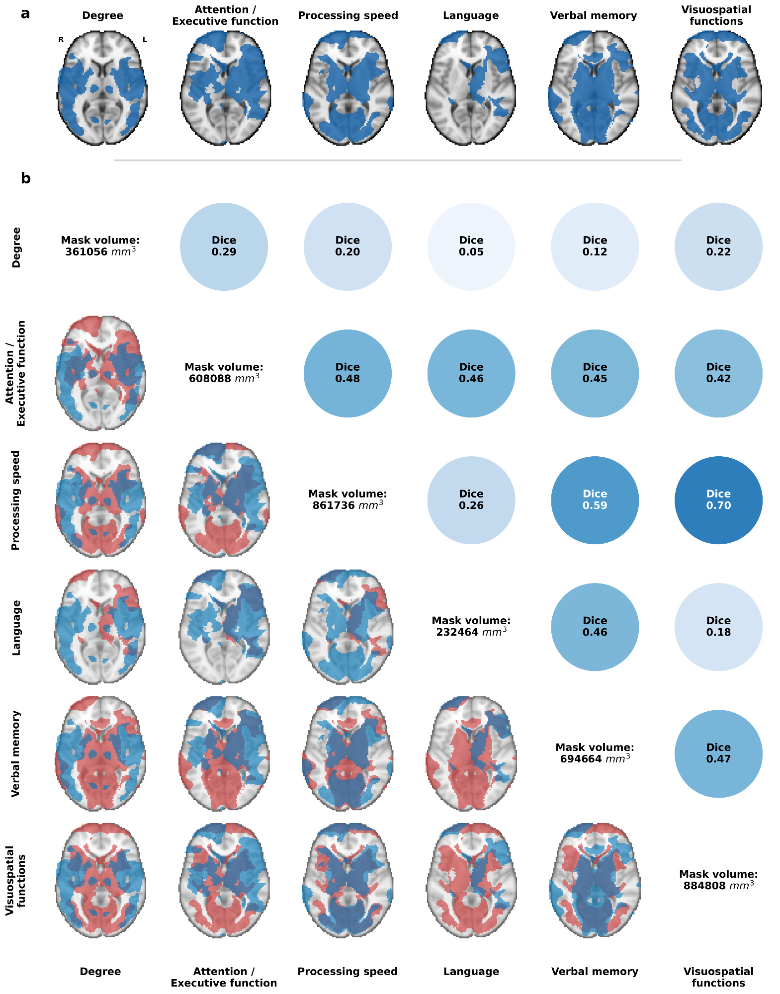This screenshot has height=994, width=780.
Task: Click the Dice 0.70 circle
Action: click(x=718, y=500)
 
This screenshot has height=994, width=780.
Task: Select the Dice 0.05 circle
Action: click(x=471, y=247)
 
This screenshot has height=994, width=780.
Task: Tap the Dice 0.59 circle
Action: click(x=595, y=500)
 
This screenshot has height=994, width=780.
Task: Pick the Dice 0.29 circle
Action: click(x=224, y=247)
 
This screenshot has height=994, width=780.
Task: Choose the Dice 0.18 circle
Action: click(x=718, y=627)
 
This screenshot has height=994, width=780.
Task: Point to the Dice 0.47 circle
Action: click(x=718, y=753)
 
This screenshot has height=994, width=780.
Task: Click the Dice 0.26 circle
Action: click(x=471, y=500)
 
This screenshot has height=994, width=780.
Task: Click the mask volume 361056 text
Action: click(x=100, y=246)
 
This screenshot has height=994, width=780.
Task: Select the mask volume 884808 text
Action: click(x=718, y=880)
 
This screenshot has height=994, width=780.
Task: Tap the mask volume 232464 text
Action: click(x=471, y=626)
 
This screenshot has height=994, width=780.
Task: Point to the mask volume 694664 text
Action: click(x=595, y=753)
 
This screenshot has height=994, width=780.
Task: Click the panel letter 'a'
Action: click(x=25, y=14)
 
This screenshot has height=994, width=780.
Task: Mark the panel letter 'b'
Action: click(x=26, y=178)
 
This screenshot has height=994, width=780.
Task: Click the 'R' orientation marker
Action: click(x=61, y=40)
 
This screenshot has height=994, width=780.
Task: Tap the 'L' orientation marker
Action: click(x=145, y=40)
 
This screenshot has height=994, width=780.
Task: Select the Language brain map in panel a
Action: click(x=470, y=88)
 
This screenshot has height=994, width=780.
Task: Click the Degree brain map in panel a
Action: click(x=102, y=88)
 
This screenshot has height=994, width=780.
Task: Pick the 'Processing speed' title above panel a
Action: click(x=348, y=15)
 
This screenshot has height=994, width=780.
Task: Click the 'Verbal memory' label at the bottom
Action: click(x=595, y=971)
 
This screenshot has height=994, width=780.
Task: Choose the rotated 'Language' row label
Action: click(x=16, y=627)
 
